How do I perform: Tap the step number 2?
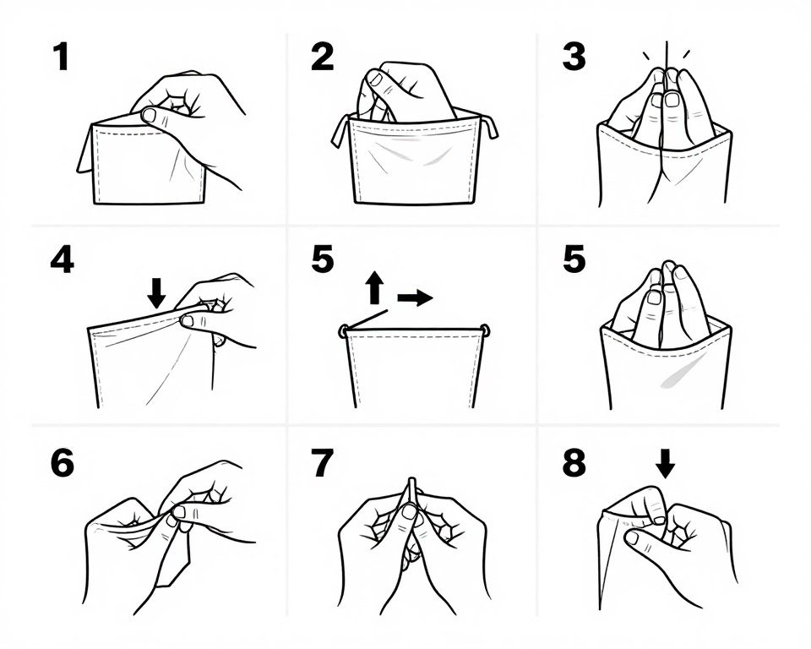pos(322,57)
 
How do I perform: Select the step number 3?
pos(574,57)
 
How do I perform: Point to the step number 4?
pos(61,259)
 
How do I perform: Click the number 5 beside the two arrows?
pos(322,259)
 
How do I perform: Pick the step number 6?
pos(62,464)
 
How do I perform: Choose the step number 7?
pos(322,464)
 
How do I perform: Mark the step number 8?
pos(574,464)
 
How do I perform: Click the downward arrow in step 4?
pos(156,292)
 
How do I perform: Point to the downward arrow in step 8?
pos(666,464)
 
